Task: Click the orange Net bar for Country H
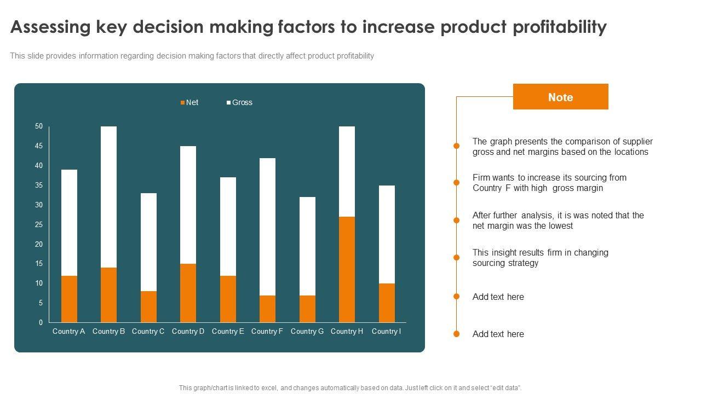tap(347, 269)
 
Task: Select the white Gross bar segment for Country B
tap(108, 197)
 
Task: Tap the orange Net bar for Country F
tap(267, 309)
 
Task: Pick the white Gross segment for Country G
tap(307, 246)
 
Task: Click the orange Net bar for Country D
tap(188, 293)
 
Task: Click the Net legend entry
tap(189, 102)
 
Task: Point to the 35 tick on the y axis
tap(39, 185)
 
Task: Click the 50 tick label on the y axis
tap(39, 126)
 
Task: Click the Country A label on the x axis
tap(68, 331)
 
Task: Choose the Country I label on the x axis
tap(386, 331)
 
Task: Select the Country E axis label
tap(228, 331)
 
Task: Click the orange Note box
tap(560, 97)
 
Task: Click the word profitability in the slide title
tap(559, 27)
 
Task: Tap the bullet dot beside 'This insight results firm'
tap(456, 257)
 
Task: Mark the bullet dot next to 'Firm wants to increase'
tap(456, 182)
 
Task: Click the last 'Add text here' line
tap(498, 334)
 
